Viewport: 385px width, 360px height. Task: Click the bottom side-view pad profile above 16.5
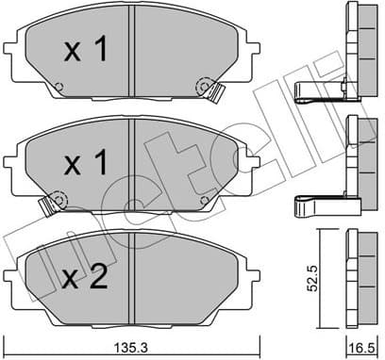(x=360, y=273)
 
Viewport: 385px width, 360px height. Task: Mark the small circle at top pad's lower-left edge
(x=59, y=90)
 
